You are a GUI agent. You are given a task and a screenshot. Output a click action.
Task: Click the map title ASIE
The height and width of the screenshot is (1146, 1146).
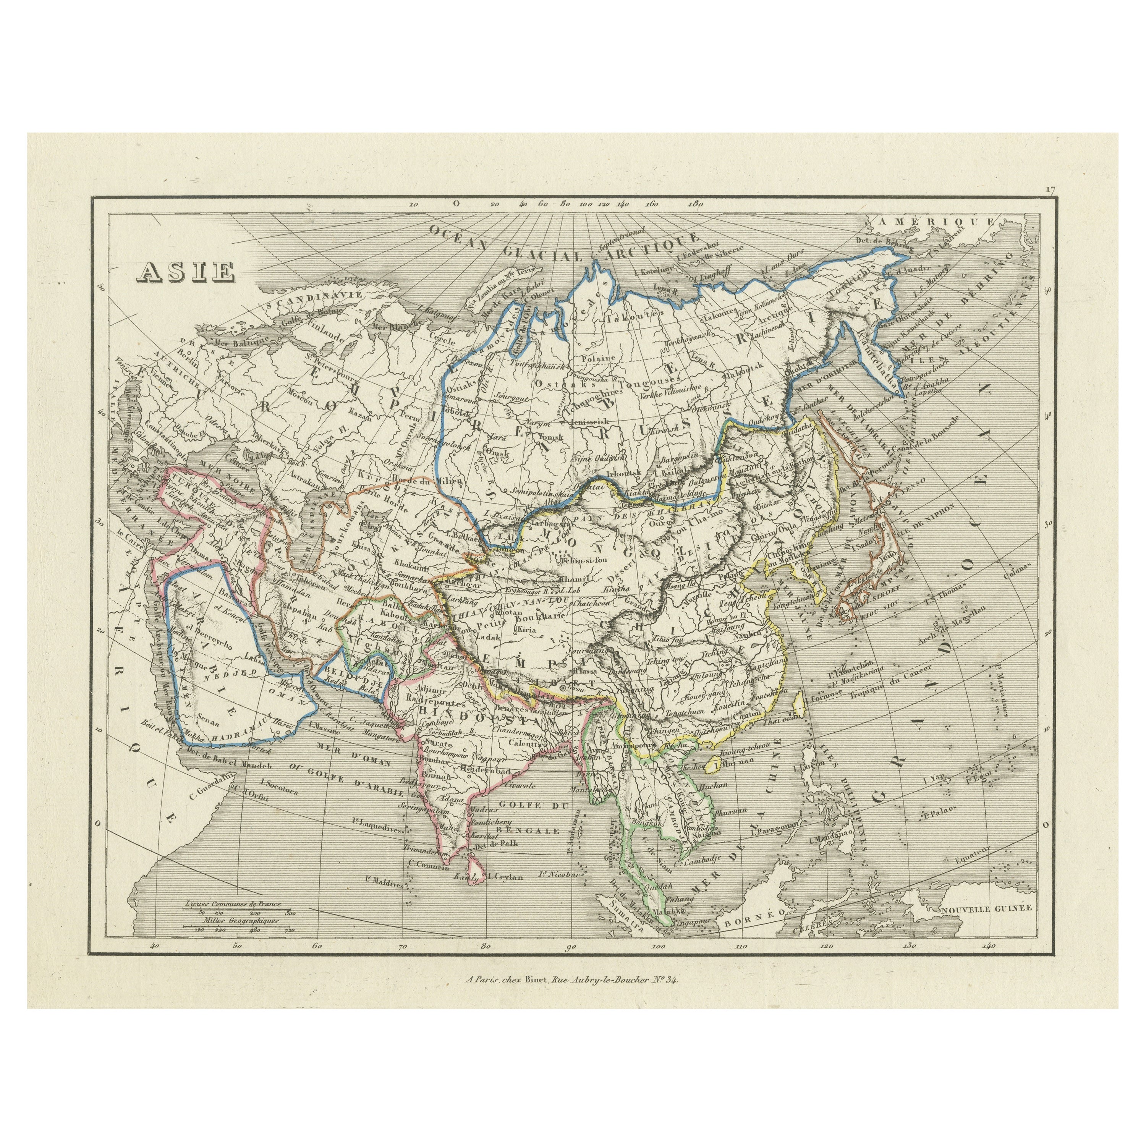click(x=186, y=271)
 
